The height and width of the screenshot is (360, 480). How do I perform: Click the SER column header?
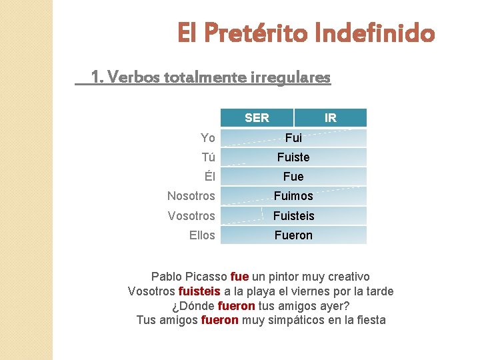click(x=257, y=118)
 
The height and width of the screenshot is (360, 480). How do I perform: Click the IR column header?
click(x=330, y=118)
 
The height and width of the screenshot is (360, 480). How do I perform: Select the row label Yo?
click(x=208, y=138)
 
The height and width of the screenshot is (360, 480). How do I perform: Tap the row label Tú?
click(x=209, y=157)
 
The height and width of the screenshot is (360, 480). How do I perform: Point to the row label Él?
click(x=209, y=177)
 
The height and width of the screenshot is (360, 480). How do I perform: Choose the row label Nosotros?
click(x=191, y=196)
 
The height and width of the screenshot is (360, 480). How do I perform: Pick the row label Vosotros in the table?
click(x=191, y=216)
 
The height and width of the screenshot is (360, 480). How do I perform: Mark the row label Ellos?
click(x=202, y=235)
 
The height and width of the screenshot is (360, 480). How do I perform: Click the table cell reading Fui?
click(x=293, y=138)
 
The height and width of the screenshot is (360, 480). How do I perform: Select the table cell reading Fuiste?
click(x=293, y=157)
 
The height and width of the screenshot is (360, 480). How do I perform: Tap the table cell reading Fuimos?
click(x=293, y=196)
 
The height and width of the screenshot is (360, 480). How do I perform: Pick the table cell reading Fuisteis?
click(x=293, y=216)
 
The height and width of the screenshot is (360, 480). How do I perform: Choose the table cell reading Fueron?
click(x=293, y=235)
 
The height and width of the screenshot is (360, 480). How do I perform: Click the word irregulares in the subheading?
click(x=290, y=78)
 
